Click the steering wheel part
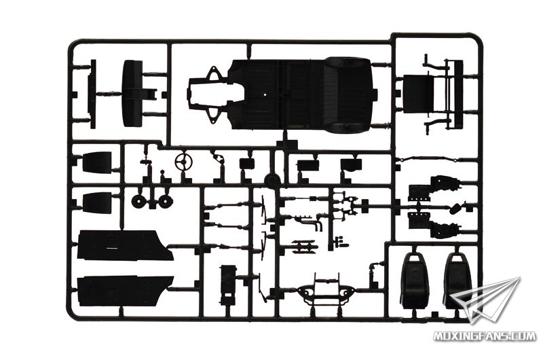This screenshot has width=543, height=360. pyautogui.click(x=183, y=162)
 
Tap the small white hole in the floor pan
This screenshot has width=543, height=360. pyautogui.click(x=265, y=94)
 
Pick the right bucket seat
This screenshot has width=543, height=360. pyautogui.click(x=456, y=281)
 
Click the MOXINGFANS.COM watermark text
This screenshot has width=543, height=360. pyautogui.click(x=485, y=336)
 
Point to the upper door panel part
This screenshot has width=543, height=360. pyautogui.click(x=126, y=245)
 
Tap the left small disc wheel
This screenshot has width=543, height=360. pyautogui.click(x=138, y=201)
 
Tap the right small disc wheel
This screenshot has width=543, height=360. pyautogui.click(x=166, y=201)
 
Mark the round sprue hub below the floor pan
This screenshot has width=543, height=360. pyautogui.click(x=272, y=179)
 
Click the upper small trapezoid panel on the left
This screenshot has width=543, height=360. pyautogui.click(x=97, y=162)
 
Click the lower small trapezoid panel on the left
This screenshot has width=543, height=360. pyautogui.click(x=97, y=202)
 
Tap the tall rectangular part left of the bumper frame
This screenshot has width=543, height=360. pyautogui.click(x=227, y=284)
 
